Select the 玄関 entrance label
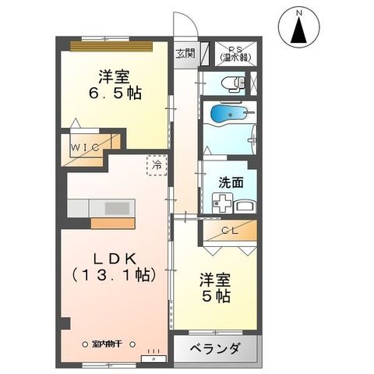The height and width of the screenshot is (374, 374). (x=185, y=54)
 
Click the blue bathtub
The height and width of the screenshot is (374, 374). (x=228, y=116)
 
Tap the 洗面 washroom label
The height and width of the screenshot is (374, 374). (x=231, y=183)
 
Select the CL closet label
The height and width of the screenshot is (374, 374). (x=229, y=230)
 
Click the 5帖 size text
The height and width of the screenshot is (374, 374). (x=217, y=297)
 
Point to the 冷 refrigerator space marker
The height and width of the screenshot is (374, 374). (x=157, y=165)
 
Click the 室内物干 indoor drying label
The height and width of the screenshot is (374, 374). (x=109, y=342)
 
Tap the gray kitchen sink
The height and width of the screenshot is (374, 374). (x=118, y=208)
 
